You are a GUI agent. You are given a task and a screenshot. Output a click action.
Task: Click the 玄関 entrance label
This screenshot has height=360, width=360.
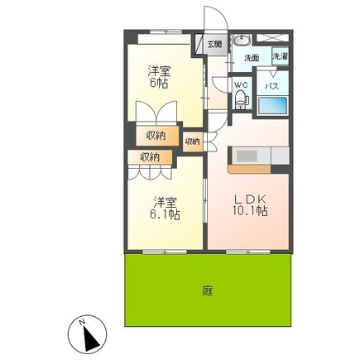214,44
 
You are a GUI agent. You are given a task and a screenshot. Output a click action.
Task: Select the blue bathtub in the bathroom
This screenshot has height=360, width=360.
272,105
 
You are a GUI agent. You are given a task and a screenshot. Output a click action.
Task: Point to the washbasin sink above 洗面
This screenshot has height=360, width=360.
242,40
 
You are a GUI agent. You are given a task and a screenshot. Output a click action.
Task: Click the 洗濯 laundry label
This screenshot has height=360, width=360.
281,56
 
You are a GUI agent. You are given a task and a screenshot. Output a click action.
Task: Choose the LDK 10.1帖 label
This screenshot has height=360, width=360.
250,205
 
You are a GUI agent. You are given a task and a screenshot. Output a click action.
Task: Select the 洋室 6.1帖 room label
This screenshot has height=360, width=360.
165,209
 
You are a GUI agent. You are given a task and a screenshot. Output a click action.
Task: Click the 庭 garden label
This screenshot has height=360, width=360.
208,291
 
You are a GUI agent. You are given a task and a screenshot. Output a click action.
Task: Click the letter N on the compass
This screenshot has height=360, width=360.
81,322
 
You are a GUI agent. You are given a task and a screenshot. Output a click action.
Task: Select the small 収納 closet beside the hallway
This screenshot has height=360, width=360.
193,142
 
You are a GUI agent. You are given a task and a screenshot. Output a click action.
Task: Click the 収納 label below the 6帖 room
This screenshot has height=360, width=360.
156,136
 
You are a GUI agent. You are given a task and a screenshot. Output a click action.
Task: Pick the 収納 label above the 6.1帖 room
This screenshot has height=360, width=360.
150,157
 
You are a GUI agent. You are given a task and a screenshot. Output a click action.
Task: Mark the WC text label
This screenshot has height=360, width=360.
242,85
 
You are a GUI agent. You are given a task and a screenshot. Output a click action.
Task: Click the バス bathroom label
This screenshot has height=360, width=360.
271,87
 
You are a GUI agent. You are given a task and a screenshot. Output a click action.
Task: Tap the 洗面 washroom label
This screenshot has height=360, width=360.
252,58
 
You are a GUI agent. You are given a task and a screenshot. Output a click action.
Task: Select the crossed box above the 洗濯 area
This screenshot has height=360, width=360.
272,37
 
